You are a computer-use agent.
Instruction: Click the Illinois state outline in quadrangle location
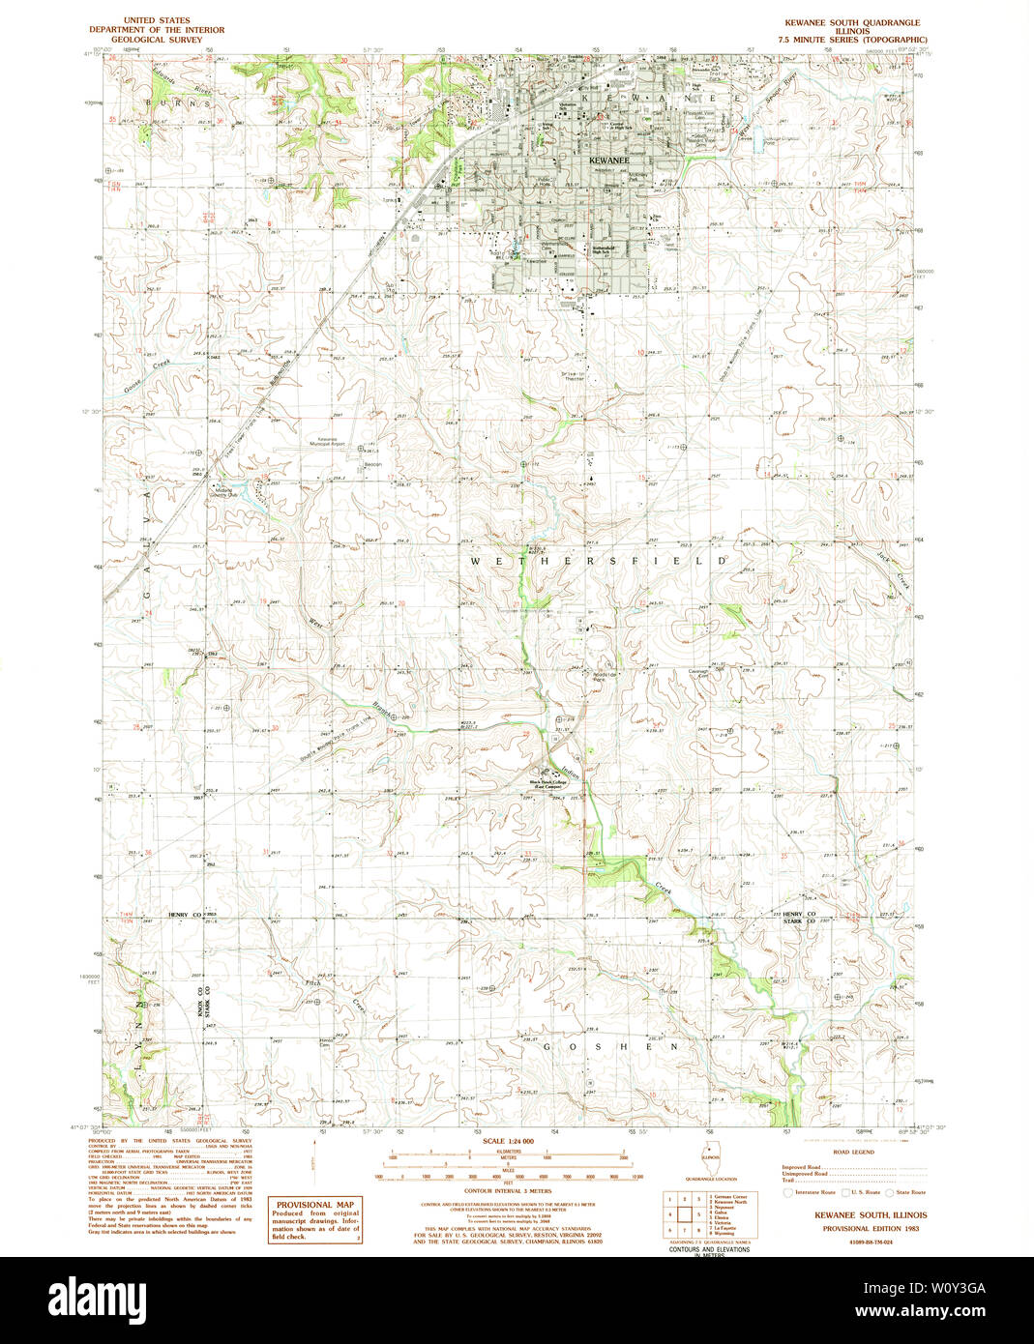(715, 1157)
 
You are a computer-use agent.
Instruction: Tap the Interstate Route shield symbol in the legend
(787, 1193)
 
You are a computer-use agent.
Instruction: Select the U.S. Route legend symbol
(843, 1193)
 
